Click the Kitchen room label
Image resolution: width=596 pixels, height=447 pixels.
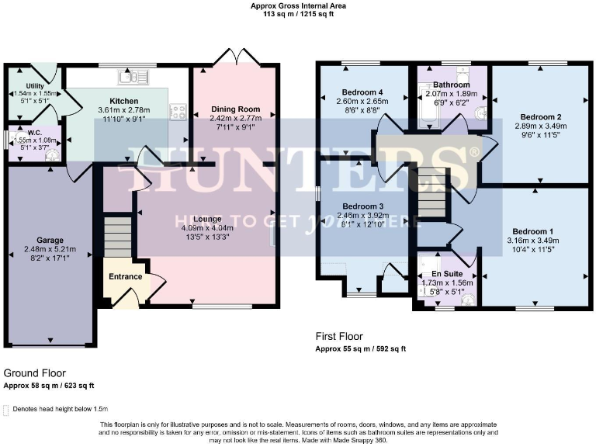pyautogui.click(x=124, y=101)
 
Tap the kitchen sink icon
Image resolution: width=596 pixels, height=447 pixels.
pyautogui.click(x=127, y=76)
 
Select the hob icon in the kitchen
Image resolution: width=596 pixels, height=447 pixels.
pyautogui.click(x=178, y=111)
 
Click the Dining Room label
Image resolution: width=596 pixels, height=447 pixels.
pyautogui.click(x=235, y=109)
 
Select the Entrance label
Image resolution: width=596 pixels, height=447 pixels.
pyautogui.click(x=125, y=276)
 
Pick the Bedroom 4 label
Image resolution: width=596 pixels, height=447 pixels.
pyautogui.click(x=362, y=91)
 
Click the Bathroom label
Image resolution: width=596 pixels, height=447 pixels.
pyautogui.click(x=452, y=85)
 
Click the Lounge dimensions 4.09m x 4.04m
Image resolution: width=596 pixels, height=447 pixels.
pyautogui.click(x=207, y=228)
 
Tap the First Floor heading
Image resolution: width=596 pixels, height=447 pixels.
pyautogui.click(x=339, y=336)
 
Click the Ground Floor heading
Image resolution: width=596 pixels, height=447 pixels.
pyautogui.click(x=35, y=373)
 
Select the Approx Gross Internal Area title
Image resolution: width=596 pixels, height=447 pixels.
pyautogui.click(x=298, y=5)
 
